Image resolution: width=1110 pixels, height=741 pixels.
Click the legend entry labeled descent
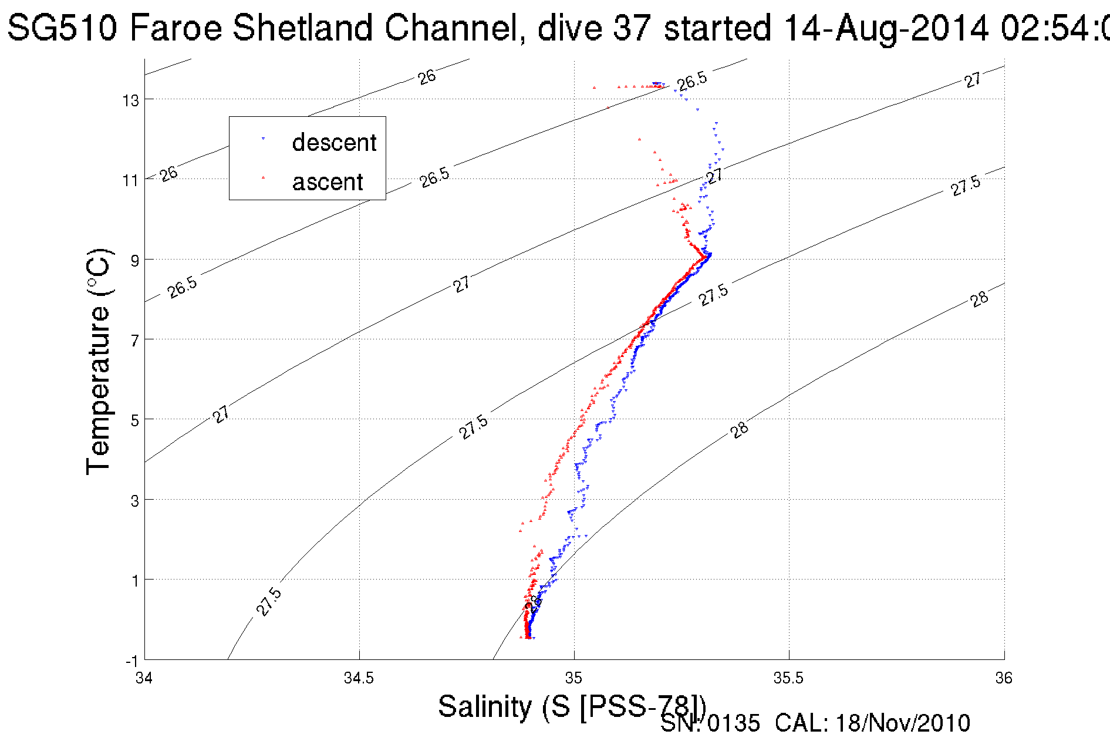click(x=333, y=143)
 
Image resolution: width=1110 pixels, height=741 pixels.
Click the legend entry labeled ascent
click(x=328, y=182)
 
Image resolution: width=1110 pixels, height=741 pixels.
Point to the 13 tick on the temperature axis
click(x=131, y=100)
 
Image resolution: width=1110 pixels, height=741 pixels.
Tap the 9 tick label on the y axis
click(x=135, y=260)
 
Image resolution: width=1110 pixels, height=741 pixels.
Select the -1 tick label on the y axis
click(x=131, y=662)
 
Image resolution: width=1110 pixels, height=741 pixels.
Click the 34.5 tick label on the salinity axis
click(x=359, y=678)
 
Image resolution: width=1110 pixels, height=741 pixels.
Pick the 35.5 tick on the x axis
click(x=788, y=678)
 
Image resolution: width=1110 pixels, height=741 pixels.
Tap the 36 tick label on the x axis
click(x=1004, y=678)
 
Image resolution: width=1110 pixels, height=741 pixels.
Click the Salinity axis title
click(x=571, y=706)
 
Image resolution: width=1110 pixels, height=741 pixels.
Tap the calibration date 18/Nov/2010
click(x=903, y=723)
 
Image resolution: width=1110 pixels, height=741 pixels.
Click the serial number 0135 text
click(x=733, y=723)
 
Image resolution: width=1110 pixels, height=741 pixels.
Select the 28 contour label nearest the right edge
click(x=979, y=299)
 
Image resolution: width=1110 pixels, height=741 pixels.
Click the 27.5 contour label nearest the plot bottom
click(x=269, y=602)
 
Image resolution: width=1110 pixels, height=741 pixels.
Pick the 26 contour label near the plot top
click(x=427, y=77)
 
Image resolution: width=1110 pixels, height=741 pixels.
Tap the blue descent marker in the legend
click(x=263, y=139)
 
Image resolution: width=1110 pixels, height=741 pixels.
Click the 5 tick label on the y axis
click(x=135, y=420)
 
